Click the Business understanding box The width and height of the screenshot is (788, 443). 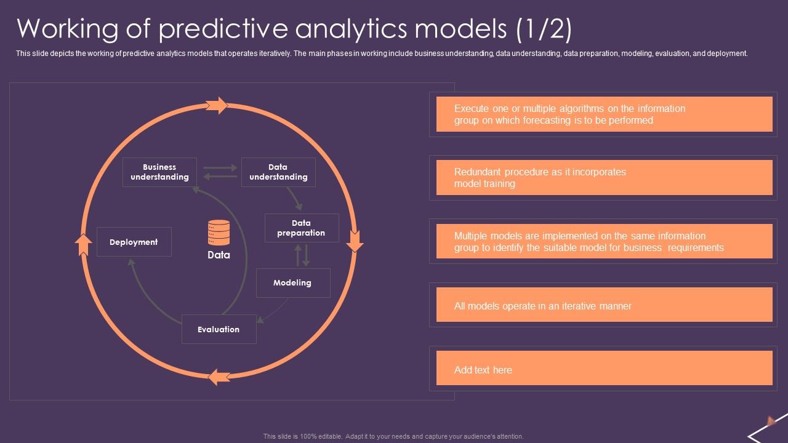[x=159, y=172]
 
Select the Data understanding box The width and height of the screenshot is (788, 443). [x=278, y=172]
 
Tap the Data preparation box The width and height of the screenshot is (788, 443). [x=302, y=228]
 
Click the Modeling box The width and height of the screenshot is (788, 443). [x=293, y=283]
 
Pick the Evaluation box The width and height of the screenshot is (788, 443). [x=219, y=329]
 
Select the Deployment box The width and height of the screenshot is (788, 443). [x=134, y=242]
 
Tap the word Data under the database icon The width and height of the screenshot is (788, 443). [x=219, y=255]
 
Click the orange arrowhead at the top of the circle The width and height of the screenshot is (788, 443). [x=216, y=105]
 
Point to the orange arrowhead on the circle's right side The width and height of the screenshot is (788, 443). [x=355, y=241]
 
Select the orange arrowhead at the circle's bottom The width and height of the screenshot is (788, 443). [x=219, y=377]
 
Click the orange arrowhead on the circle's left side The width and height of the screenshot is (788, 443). [x=83, y=244]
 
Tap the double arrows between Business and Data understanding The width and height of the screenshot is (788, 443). [x=220, y=172]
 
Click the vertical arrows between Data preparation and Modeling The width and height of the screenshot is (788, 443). [x=302, y=255]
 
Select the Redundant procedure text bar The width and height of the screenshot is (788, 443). [x=604, y=177]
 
